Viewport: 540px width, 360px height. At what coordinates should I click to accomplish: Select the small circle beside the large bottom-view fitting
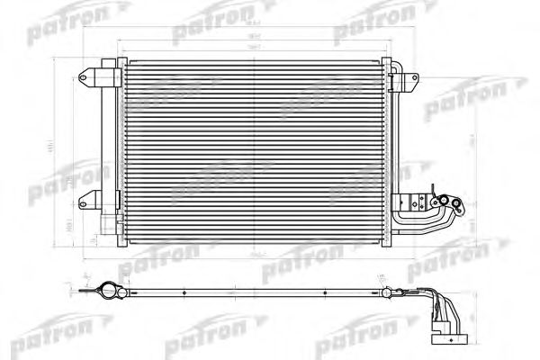125,289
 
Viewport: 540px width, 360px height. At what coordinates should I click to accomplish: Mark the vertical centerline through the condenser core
256,153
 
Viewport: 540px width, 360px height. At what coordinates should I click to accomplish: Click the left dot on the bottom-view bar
184,292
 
